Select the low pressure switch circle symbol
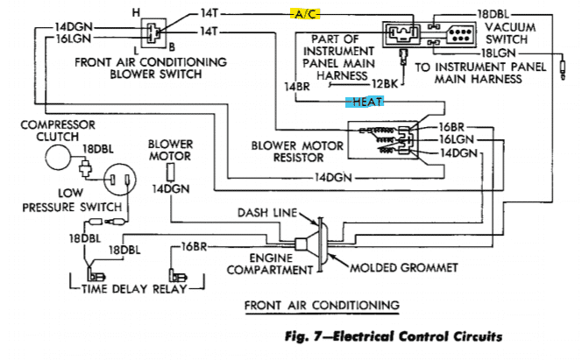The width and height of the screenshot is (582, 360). (119, 182)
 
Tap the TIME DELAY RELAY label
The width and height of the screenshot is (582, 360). (132, 286)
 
